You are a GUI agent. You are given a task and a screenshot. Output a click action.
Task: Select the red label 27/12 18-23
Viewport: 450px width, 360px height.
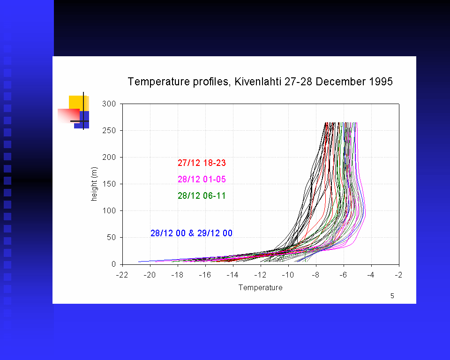tap(202, 163)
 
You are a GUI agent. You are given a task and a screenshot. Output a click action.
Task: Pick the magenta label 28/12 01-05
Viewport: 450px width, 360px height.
tap(202, 180)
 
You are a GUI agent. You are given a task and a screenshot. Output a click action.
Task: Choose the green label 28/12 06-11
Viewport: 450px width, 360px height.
tap(202, 196)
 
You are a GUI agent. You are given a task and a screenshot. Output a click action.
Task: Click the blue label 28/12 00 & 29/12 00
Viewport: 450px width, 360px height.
tap(191, 233)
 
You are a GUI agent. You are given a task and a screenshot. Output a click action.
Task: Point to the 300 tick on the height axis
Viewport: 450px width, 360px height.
tap(110, 104)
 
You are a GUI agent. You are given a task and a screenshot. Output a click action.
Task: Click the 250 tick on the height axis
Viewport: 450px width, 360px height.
tap(110, 130)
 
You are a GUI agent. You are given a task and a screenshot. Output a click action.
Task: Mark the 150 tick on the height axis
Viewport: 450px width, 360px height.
tap(110, 184)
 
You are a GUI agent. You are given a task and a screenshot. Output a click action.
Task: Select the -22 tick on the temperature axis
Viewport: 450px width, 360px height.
tap(122, 275)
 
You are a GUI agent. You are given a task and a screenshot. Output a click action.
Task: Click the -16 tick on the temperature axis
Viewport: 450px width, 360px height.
tap(205, 275)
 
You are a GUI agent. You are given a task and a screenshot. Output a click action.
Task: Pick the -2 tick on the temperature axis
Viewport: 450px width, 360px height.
tap(399, 275)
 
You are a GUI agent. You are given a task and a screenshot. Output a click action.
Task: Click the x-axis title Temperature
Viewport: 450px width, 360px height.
tap(261, 287)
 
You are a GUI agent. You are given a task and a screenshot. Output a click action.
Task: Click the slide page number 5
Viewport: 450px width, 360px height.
tap(392, 296)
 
